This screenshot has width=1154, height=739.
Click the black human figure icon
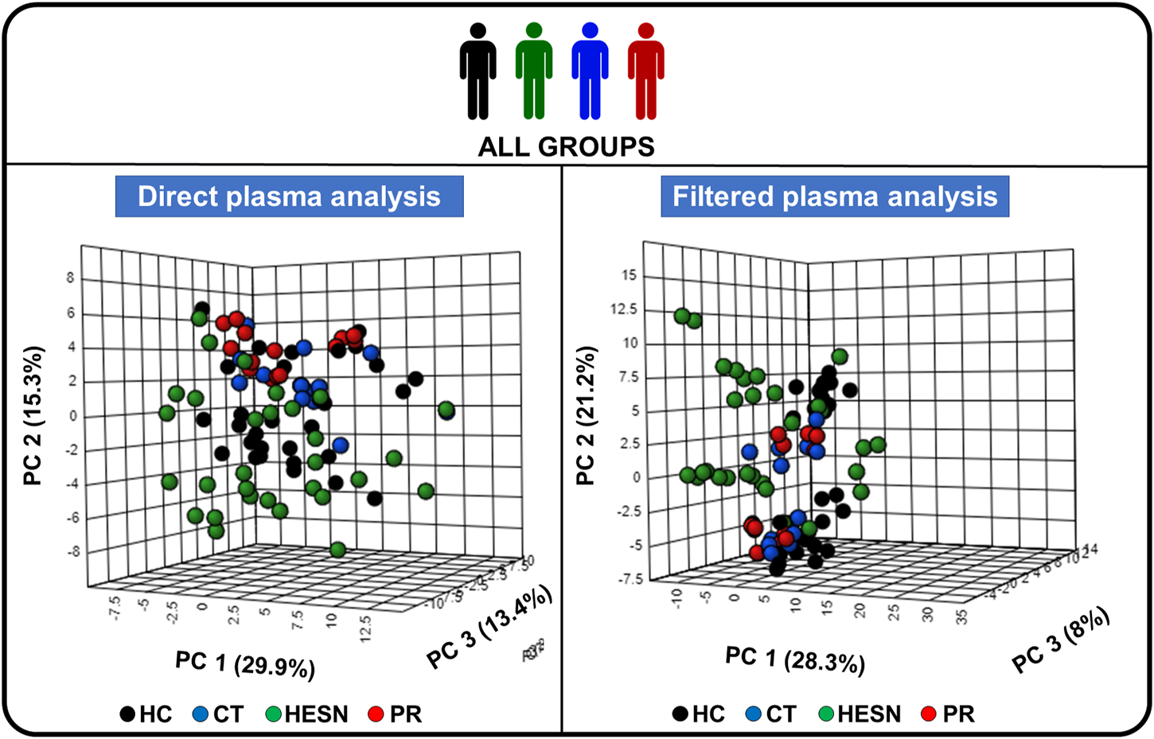coord(478,72)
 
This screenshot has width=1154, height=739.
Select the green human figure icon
coord(533,72)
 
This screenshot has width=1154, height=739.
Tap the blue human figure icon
coord(590,72)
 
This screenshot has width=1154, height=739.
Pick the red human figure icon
coord(645,72)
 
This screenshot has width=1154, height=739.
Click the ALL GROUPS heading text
coord(566,147)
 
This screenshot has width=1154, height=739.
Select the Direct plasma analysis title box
coord(289,196)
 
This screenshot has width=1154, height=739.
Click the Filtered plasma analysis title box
coord(835,196)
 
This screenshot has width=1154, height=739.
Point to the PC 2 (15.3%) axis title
coord(33,415)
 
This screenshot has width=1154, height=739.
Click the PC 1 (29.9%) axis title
coord(245,663)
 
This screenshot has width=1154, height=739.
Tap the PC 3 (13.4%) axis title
coord(489,628)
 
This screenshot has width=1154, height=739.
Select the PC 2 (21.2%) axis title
coord(586,415)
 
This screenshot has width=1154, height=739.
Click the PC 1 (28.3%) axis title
coord(794,659)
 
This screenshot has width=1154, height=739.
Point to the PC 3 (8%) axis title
coord(1060,640)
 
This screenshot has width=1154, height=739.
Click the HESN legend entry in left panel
coord(306,714)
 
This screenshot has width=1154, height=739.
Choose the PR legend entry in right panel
coord(949,714)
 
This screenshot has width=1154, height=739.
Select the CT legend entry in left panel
coord(218,714)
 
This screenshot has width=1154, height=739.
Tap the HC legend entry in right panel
coord(698,714)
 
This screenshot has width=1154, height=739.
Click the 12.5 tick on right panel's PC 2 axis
coord(623,309)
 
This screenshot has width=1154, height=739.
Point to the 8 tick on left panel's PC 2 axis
coord(71,278)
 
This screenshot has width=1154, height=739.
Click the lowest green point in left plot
coord(337,550)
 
